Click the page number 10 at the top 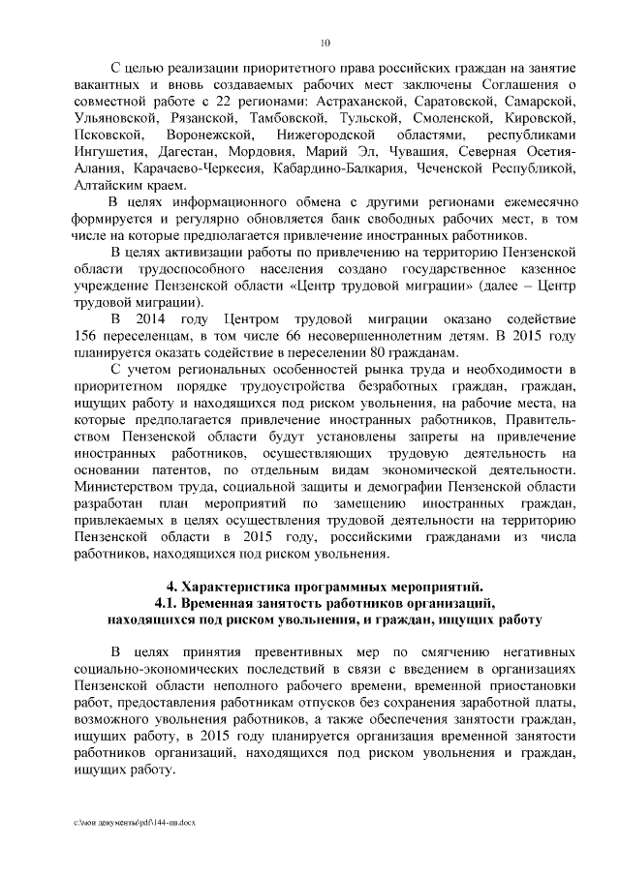325,43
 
